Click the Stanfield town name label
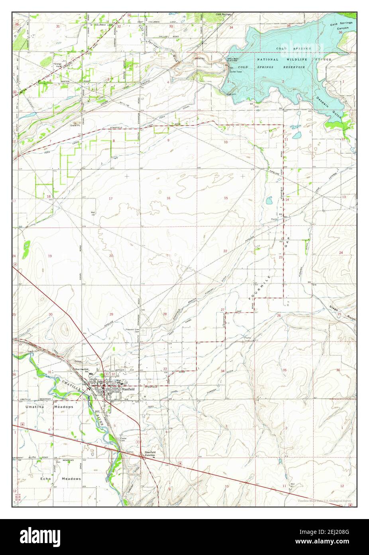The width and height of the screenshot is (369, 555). pos(128,388)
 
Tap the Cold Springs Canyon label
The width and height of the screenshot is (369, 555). pos(342,27)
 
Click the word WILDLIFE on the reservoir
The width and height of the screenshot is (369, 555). pos(293,59)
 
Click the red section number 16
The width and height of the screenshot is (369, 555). pos(168,198)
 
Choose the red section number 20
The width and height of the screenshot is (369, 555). pos(111,256)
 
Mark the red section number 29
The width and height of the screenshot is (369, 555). pos(111,314)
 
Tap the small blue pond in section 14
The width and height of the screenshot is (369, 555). pos(269,200)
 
